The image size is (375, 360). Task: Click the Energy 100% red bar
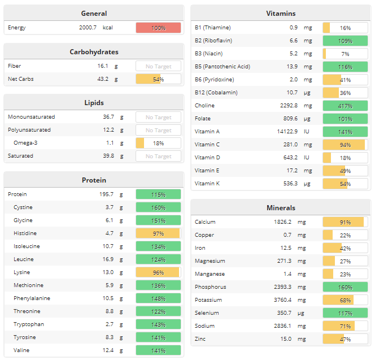[x=158, y=28]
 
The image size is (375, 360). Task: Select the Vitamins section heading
[x=281, y=14]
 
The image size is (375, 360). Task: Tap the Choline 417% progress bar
[x=345, y=106]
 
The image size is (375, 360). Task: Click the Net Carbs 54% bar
[x=158, y=79]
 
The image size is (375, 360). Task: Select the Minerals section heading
[x=281, y=208]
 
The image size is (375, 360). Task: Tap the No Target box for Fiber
[x=158, y=66]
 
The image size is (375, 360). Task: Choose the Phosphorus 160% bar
[x=345, y=287]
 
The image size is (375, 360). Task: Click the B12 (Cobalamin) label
[x=216, y=93]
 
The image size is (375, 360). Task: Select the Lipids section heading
[x=94, y=103]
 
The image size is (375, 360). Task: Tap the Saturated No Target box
[x=158, y=156]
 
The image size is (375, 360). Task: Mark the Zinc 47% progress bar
[x=345, y=339]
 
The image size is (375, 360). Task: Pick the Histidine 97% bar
[x=158, y=233]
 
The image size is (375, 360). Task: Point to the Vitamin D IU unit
[x=307, y=158]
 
